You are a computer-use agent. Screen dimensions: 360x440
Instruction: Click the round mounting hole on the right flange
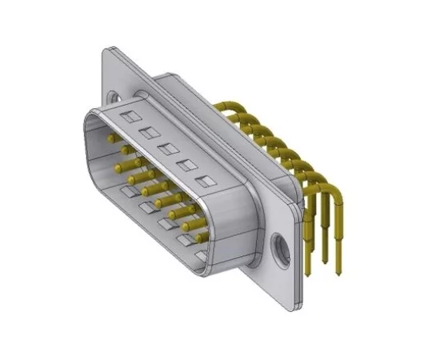279,246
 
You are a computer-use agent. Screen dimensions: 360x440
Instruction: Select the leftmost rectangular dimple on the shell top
124,118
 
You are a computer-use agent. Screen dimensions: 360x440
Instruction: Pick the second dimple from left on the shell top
146,132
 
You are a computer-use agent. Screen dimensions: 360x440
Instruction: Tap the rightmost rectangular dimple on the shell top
209,182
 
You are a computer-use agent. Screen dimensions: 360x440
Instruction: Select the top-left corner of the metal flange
107,50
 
